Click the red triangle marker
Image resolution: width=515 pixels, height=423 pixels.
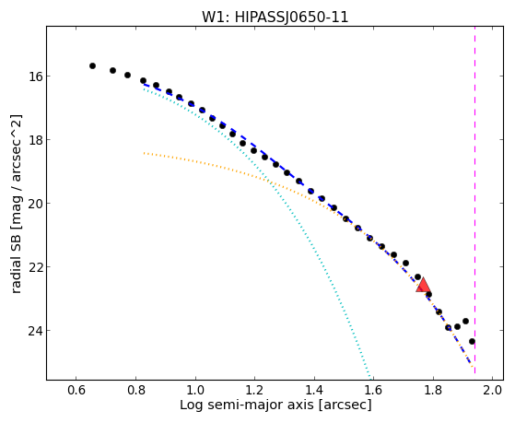[x=423, y=285]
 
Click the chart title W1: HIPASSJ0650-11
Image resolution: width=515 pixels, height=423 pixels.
[x=275, y=18]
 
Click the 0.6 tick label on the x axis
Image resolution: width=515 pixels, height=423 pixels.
[x=76, y=390]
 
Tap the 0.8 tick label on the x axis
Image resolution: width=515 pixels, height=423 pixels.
[x=135, y=390]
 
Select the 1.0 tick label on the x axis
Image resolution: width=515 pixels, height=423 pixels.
[x=195, y=390]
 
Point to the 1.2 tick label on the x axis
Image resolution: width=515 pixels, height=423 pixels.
[x=254, y=390]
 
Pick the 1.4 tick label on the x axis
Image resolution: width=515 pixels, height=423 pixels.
[x=314, y=390]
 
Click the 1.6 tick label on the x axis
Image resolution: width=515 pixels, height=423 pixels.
[x=373, y=390]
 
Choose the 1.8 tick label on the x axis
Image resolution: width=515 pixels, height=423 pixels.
[x=433, y=390]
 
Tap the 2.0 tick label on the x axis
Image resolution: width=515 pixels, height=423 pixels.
[x=492, y=390]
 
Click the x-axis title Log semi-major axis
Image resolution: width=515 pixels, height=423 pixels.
[x=247, y=405]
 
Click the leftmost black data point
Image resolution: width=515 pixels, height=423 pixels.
[x=93, y=66]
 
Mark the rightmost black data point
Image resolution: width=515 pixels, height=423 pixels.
[x=472, y=342]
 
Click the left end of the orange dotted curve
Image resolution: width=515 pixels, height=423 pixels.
[x=144, y=153]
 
